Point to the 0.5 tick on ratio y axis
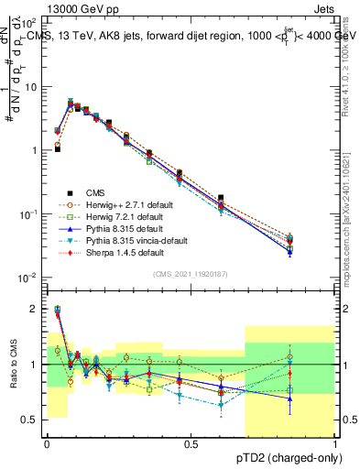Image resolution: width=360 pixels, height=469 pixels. pyautogui.click(x=32, y=420)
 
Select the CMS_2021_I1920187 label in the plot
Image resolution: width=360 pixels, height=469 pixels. pyautogui.click(x=191, y=275)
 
